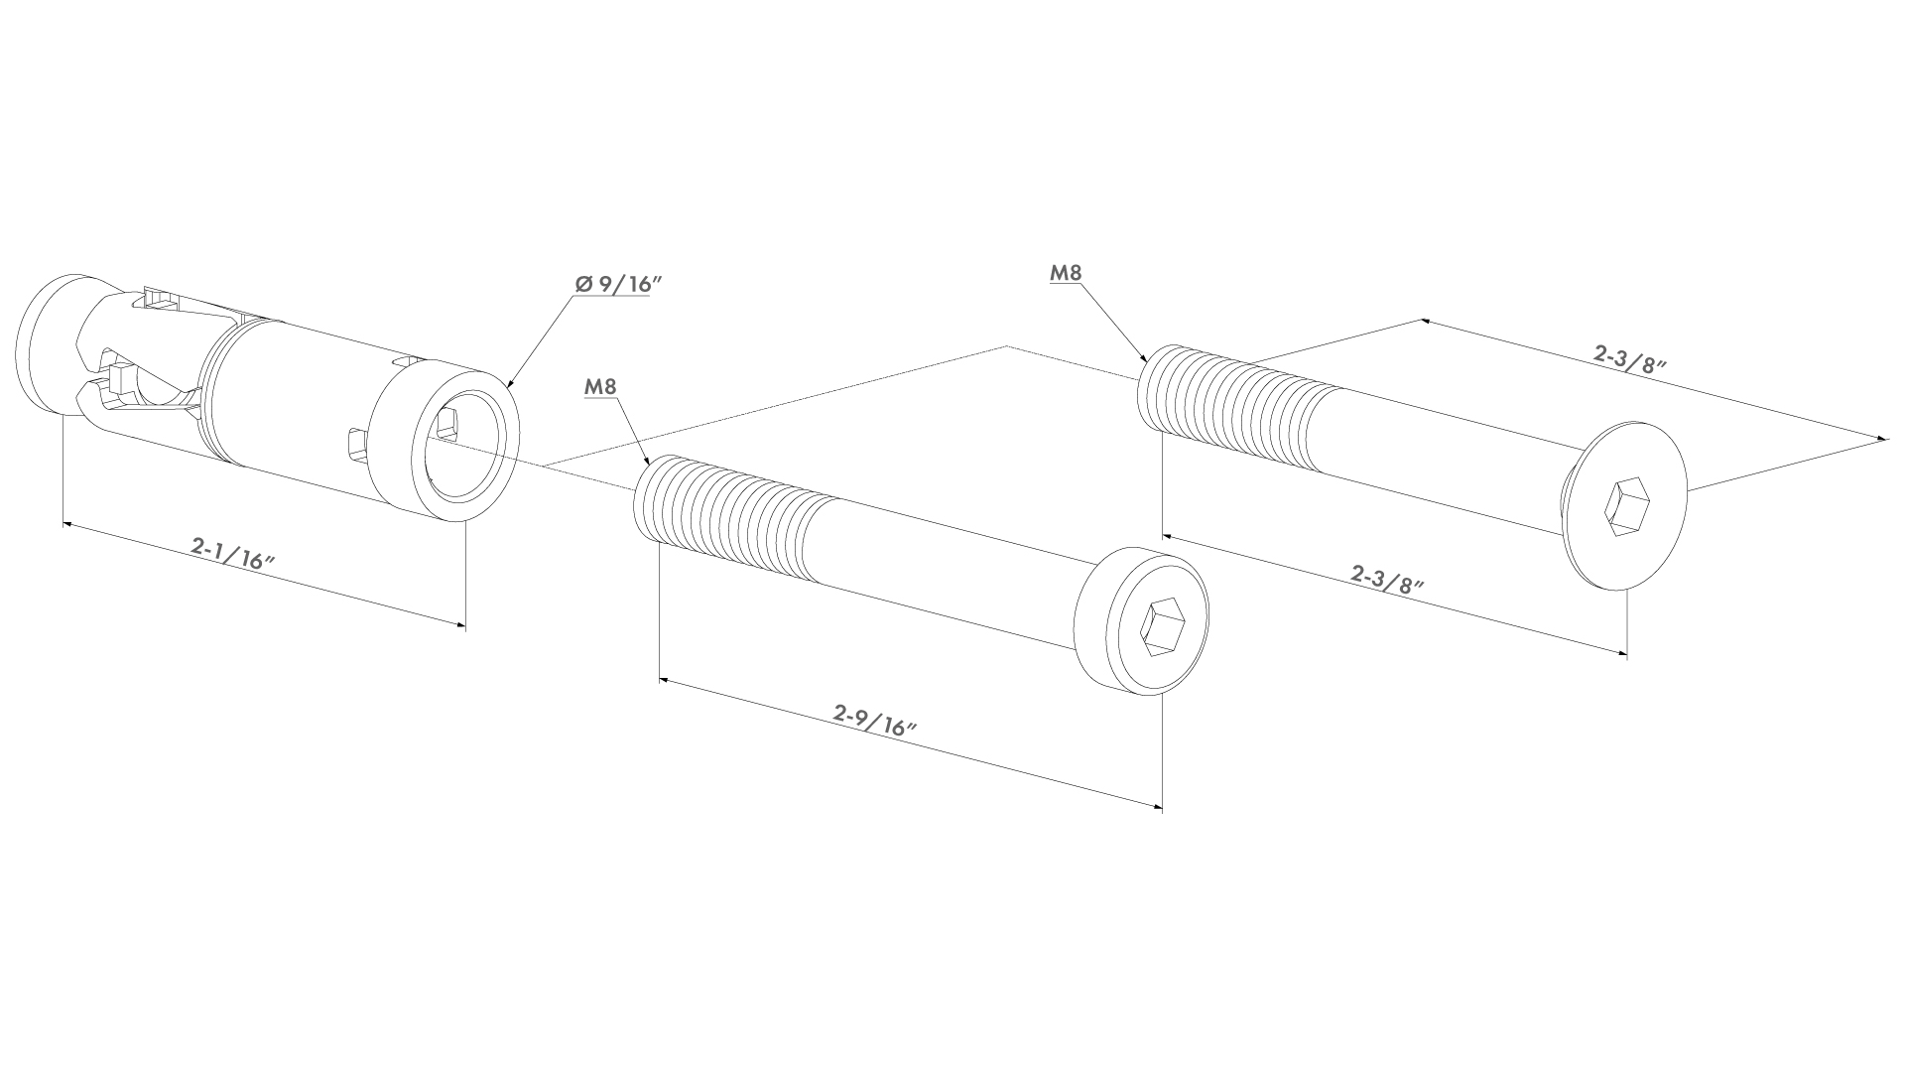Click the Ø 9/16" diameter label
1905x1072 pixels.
[x=617, y=284]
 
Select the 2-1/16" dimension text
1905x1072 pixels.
[x=232, y=553]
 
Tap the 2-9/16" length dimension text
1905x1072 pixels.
[x=874, y=719]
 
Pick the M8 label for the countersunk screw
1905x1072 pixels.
[x=1065, y=273]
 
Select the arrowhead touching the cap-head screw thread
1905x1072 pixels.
[x=648, y=465]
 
